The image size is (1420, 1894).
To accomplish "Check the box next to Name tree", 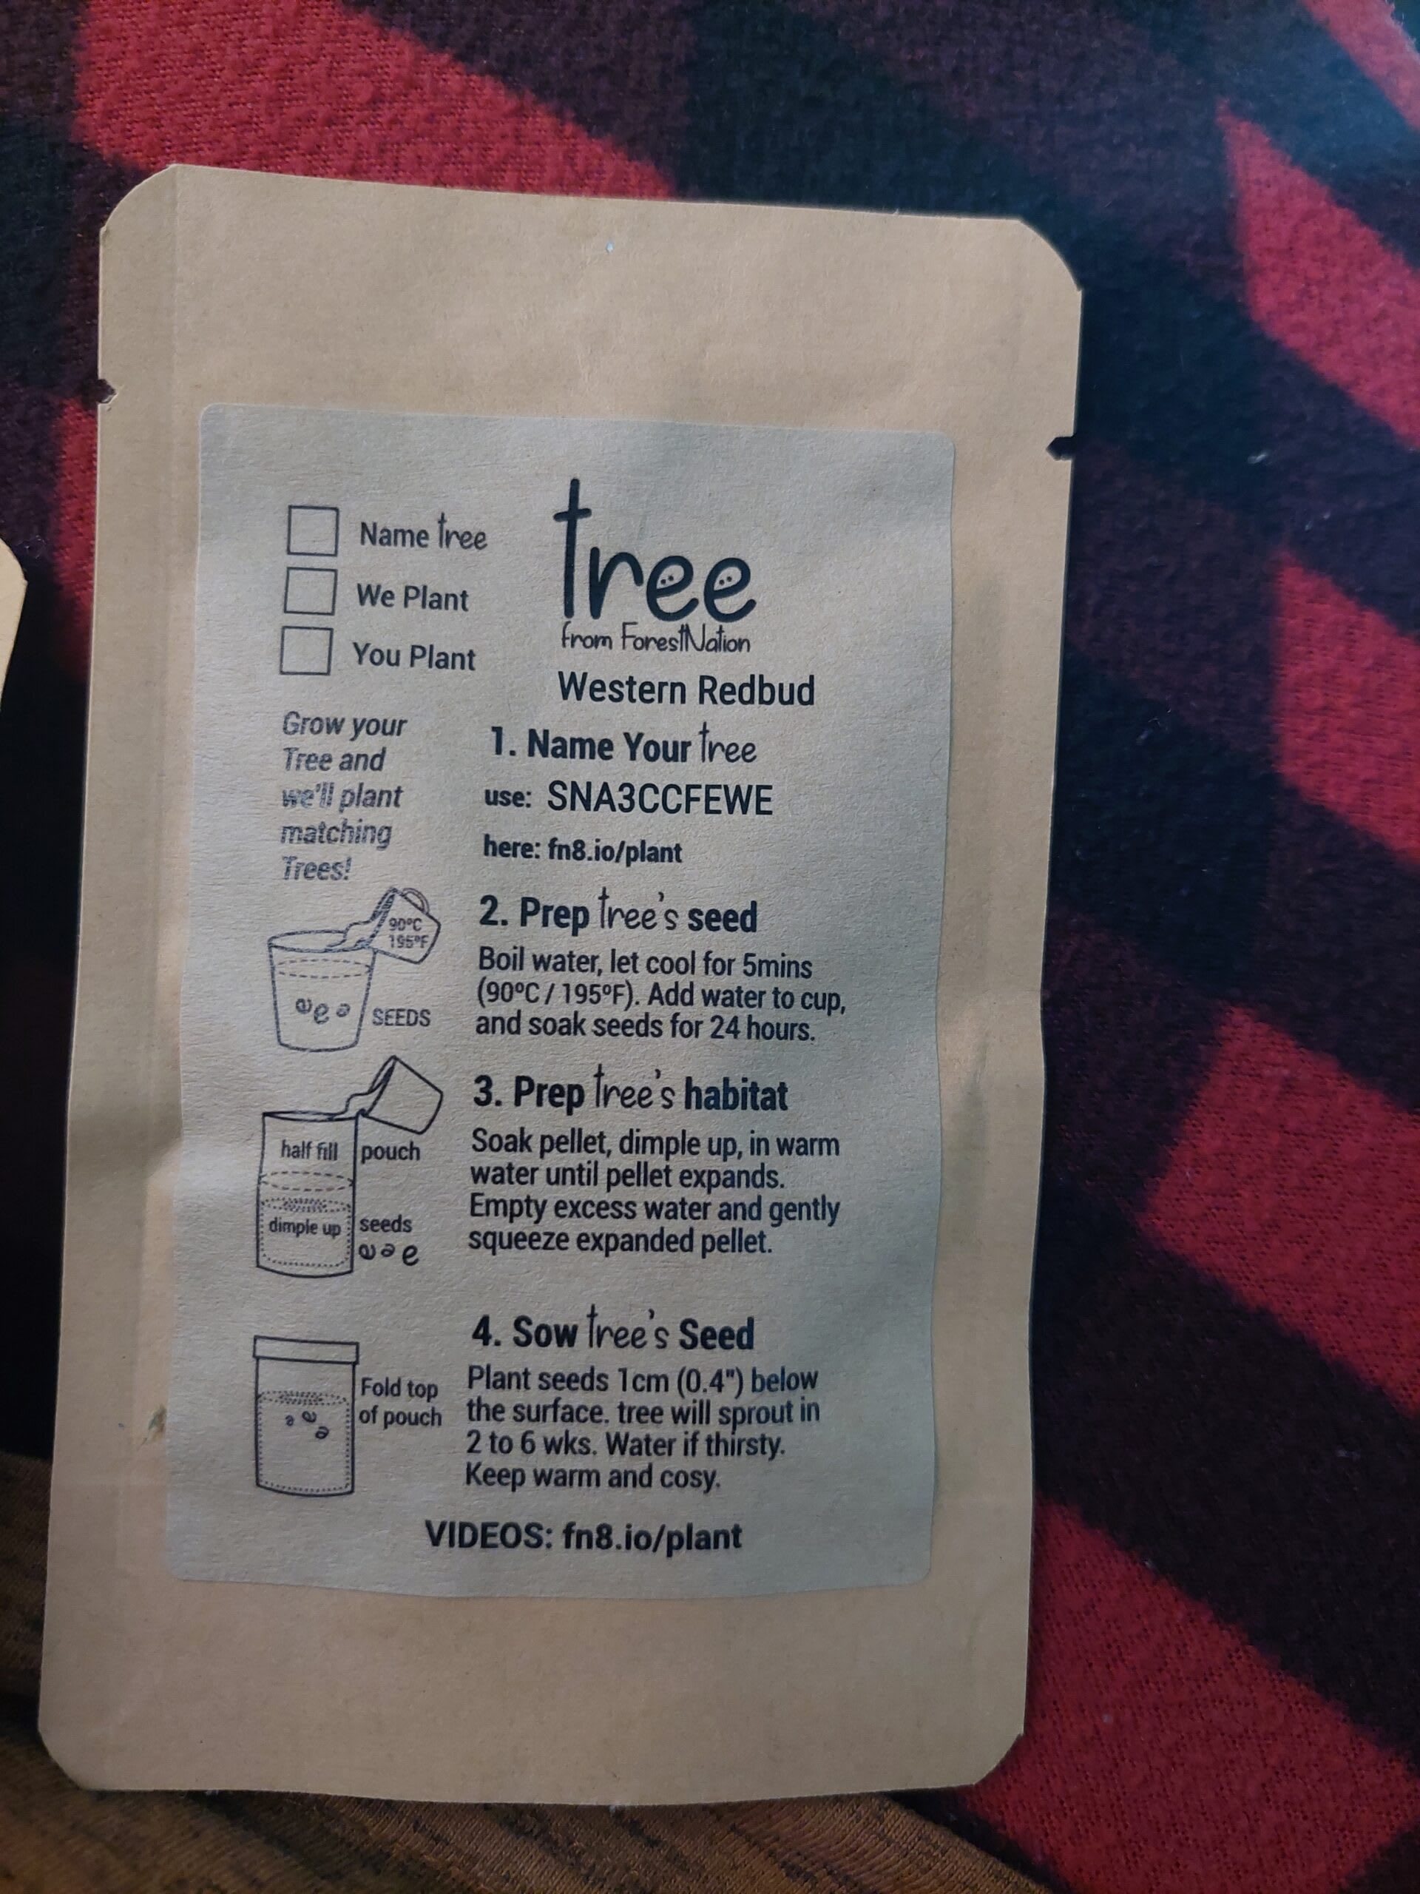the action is pyautogui.click(x=312, y=532).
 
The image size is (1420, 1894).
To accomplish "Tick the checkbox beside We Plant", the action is pyautogui.click(x=309, y=592).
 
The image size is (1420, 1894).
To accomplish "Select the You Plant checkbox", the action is pyautogui.click(x=305, y=651).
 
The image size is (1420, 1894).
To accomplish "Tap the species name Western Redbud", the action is pyautogui.click(x=686, y=690).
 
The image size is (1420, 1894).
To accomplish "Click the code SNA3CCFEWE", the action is pyautogui.click(x=659, y=800).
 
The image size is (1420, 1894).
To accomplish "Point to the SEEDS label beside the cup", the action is pyautogui.click(x=401, y=1019).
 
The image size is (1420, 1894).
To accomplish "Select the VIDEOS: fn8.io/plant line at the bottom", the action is pyautogui.click(x=584, y=1535).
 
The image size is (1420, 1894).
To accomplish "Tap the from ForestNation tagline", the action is pyautogui.click(x=655, y=640).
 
